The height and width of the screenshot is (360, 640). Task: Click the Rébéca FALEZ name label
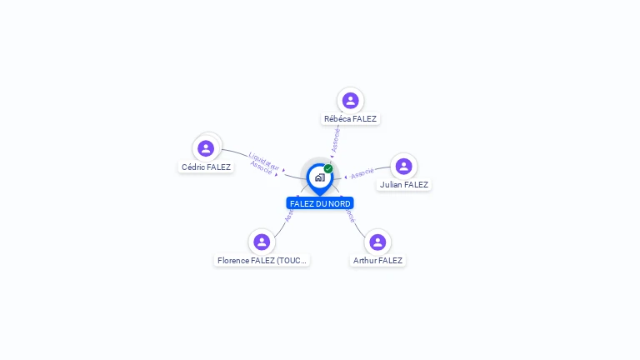click(x=350, y=119)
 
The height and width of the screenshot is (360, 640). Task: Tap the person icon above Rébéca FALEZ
click(x=350, y=101)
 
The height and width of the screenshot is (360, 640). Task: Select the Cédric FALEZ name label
click(x=206, y=167)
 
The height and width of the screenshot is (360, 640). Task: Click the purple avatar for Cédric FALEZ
click(x=206, y=148)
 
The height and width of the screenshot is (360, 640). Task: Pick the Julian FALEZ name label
click(x=403, y=185)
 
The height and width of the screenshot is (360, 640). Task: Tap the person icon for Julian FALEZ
click(x=403, y=167)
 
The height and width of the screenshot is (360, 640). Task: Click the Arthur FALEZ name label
click(x=377, y=261)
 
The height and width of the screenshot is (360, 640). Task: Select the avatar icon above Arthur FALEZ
click(x=377, y=242)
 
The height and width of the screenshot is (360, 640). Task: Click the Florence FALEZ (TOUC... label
click(x=262, y=261)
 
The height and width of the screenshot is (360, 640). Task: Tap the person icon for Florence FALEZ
click(x=262, y=242)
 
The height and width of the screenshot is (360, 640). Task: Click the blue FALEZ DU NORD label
click(x=320, y=204)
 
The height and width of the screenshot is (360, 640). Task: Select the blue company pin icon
click(x=319, y=177)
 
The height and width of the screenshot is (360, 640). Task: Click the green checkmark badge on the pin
click(x=328, y=168)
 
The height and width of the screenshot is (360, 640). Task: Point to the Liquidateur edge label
click(x=264, y=158)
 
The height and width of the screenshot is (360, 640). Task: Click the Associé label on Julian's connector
click(x=362, y=174)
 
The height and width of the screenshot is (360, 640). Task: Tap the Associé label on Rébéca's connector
click(x=335, y=139)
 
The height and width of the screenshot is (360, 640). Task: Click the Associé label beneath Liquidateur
click(x=261, y=167)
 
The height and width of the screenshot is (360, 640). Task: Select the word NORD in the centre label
click(x=339, y=204)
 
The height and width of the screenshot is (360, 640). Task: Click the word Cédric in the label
click(x=193, y=167)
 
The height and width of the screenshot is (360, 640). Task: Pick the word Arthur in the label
click(x=366, y=261)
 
